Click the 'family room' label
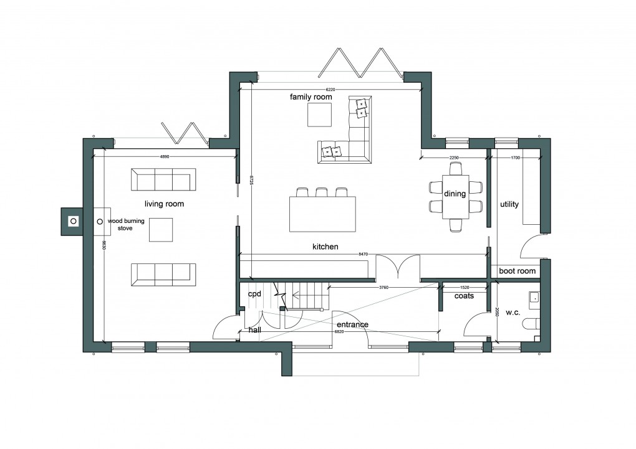(x=311, y=97)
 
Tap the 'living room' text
(x=164, y=204)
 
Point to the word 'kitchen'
(x=325, y=247)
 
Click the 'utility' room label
(x=509, y=204)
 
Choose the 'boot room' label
(x=517, y=271)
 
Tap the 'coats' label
(x=464, y=296)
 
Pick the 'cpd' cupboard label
(x=254, y=293)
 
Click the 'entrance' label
(x=352, y=324)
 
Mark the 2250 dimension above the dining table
(x=454, y=158)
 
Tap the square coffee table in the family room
(x=319, y=114)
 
